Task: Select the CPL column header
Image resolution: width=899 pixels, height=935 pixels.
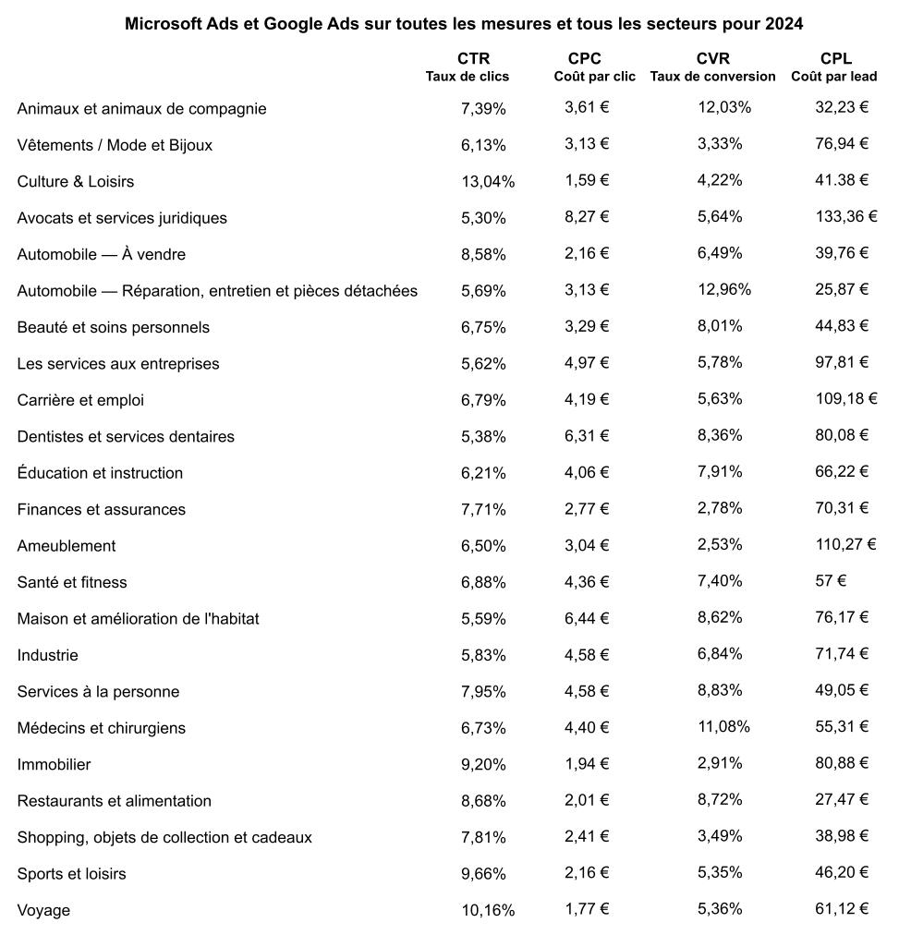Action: point(835,59)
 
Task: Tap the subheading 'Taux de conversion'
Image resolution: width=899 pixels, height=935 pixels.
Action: point(712,77)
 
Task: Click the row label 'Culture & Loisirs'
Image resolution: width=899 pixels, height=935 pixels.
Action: point(76,181)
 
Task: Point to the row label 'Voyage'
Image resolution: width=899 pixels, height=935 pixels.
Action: point(43,910)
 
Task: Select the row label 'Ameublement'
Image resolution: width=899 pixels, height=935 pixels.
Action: point(67,546)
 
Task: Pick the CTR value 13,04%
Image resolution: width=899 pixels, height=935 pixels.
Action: point(488,181)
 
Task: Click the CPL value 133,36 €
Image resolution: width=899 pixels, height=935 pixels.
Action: point(845,217)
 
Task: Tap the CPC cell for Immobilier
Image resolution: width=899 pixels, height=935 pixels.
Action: point(587,763)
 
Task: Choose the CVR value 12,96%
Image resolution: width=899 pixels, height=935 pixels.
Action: point(724,290)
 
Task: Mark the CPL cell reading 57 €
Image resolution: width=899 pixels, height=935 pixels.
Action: point(831,582)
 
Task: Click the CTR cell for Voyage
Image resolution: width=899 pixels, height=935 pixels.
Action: point(488,910)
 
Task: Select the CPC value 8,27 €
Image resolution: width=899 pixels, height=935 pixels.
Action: point(587,217)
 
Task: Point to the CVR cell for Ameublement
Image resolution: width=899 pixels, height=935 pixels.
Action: point(720,545)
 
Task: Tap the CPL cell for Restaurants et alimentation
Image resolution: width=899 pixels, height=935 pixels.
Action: point(842,800)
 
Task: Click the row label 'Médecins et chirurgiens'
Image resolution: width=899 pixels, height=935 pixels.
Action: point(102,728)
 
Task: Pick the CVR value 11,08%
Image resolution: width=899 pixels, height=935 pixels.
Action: point(724,727)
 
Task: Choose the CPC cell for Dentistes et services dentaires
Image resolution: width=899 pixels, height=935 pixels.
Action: point(587,436)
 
